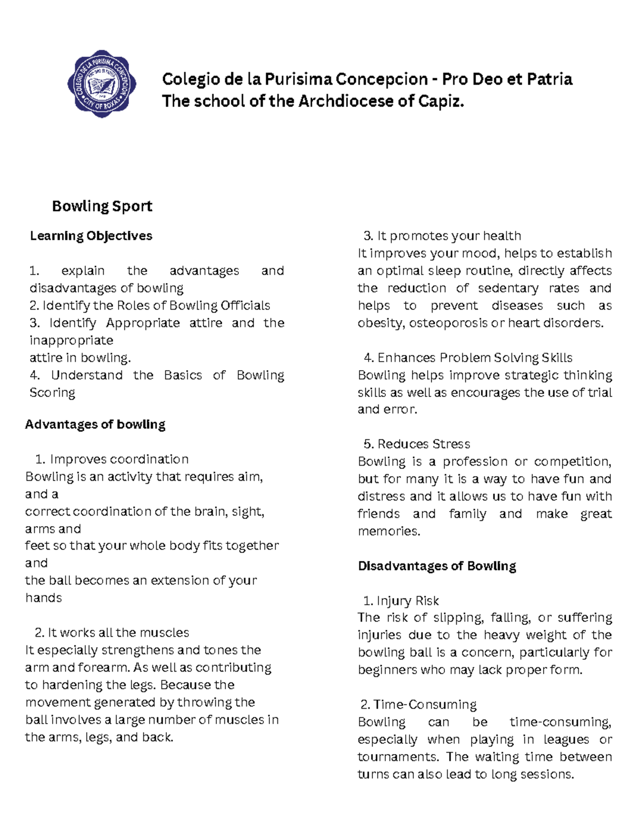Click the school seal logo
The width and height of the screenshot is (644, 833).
click(101, 84)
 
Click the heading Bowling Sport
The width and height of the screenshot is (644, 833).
click(102, 206)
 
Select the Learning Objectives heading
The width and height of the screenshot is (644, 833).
click(91, 236)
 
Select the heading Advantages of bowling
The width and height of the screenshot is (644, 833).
click(95, 424)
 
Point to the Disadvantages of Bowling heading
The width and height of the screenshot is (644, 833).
click(437, 566)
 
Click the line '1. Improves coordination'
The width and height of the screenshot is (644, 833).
click(112, 459)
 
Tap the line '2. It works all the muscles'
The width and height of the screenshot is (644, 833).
click(112, 632)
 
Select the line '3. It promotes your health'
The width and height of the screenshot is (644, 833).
click(442, 236)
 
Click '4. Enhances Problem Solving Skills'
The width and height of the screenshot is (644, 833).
click(467, 358)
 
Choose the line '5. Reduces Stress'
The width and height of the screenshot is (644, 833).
click(416, 444)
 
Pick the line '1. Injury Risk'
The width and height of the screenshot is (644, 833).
click(400, 601)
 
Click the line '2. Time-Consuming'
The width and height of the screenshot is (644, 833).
click(418, 704)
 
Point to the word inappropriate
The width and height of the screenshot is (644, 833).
click(71, 341)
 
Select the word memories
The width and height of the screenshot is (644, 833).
click(388, 531)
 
